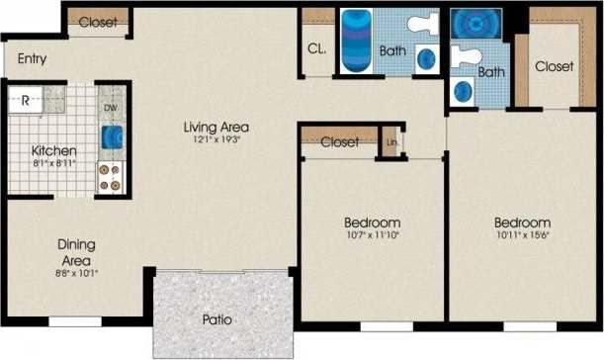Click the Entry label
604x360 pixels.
(32, 59)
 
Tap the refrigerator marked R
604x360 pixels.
(27, 99)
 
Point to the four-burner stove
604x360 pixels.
(111, 176)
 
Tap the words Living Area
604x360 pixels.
(216, 127)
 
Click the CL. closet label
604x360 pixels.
(317, 48)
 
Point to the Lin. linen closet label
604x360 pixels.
(390, 140)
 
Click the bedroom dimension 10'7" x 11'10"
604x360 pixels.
(372, 236)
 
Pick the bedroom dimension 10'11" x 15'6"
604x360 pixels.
(523, 236)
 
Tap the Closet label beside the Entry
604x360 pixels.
(98, 23)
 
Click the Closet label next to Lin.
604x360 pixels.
(340, 142)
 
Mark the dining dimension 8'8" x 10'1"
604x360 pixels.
(75, 272)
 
